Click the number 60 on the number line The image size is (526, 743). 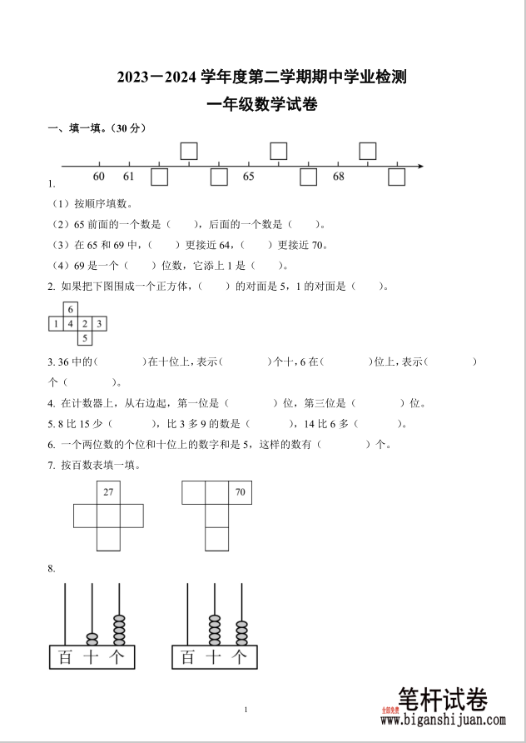(99, 177)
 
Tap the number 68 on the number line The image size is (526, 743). (339, 177)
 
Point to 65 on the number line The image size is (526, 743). (249, 177)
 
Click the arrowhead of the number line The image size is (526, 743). (420, 167)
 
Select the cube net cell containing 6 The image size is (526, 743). (71, 309)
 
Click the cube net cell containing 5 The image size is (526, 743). (85, 337)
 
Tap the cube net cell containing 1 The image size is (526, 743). (56, 323)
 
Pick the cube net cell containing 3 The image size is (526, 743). (99, 323)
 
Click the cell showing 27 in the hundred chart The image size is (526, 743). (108, 492)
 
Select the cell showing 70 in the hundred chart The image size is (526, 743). (240, 492)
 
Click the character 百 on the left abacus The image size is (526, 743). (65, 657)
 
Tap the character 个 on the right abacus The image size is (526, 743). (241, 657)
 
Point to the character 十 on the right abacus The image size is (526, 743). (214, 657)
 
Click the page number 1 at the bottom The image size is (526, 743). (247, 709)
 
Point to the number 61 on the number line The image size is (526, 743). (128, 177)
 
